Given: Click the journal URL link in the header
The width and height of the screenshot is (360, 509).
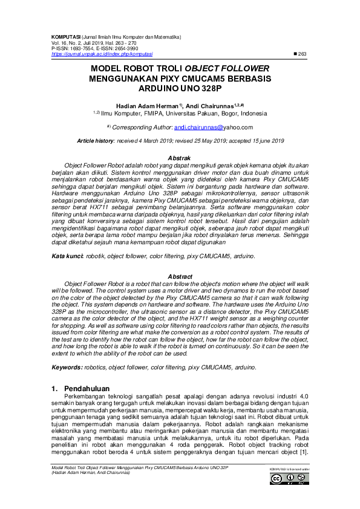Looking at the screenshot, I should (x=103, y=54).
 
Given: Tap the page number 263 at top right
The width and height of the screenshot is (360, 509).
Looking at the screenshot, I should (x=302, y=54).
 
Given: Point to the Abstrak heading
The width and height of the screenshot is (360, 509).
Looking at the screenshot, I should (x=179, y=157).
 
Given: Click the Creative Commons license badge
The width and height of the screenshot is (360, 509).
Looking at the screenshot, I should (x=289, y=479).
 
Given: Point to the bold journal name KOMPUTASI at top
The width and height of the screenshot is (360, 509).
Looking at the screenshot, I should (x=67, y=37).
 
